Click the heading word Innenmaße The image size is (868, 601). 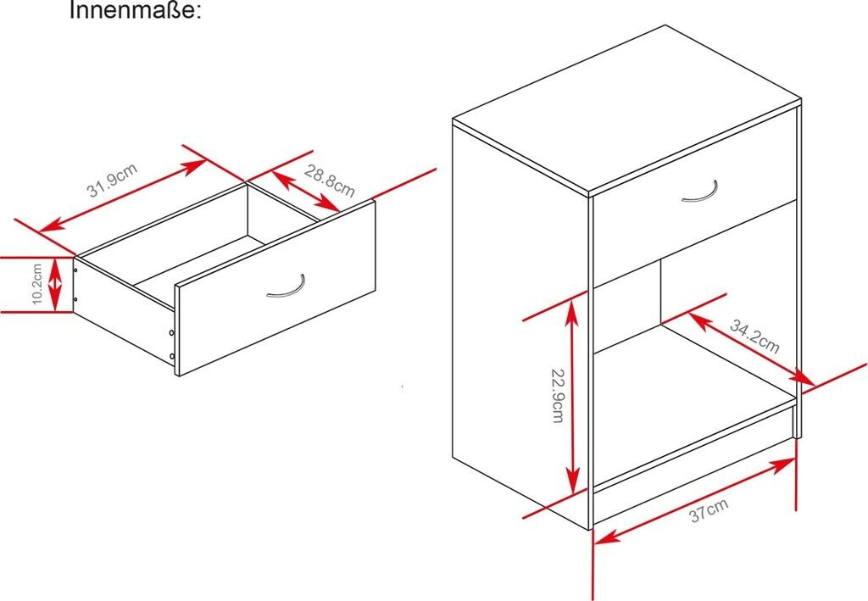[x=135, y=10]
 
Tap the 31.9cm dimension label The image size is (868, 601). [x=113, y=181]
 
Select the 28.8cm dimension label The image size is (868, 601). [x=330, y=181]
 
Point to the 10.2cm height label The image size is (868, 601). [x=37, y=283]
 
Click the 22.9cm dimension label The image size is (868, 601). [x=558, y=396]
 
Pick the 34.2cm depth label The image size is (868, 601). [x=754, y=337]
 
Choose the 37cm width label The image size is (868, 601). [x=709, y=510]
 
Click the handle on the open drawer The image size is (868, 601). [x=287, y=287]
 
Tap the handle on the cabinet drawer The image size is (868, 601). [x=700, y=192]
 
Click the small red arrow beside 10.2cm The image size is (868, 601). [x=55, y=284]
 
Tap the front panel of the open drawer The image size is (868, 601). [x=276, y=287]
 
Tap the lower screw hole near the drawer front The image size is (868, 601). [x=171, y=356]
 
